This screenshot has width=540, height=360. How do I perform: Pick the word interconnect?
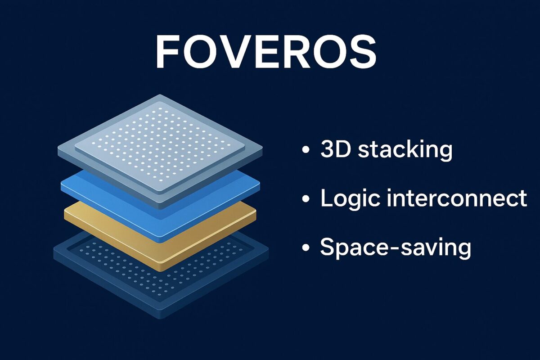[457, 198]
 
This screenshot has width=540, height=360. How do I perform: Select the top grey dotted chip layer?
[160, 144]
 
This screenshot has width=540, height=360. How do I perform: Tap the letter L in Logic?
[325, 198]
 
